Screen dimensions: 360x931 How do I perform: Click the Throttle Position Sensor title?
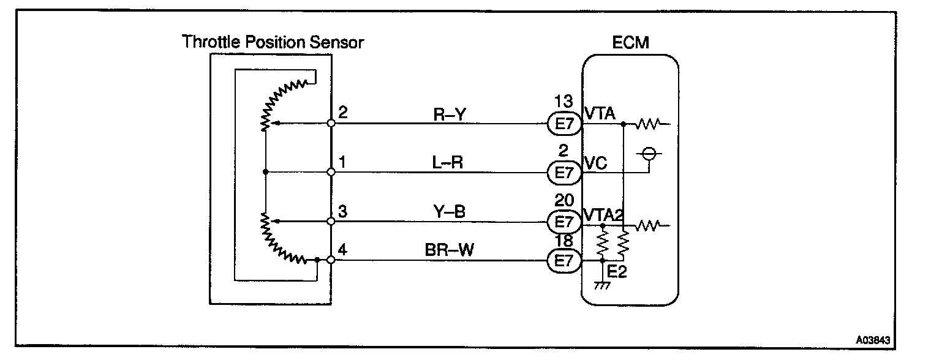[x=273, y=42]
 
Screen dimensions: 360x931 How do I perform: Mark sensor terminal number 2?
[x=343, y=113]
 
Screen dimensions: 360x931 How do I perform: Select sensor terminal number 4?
[x=343, y=250]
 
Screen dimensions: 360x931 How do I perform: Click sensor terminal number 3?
[x=343, y=212]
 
